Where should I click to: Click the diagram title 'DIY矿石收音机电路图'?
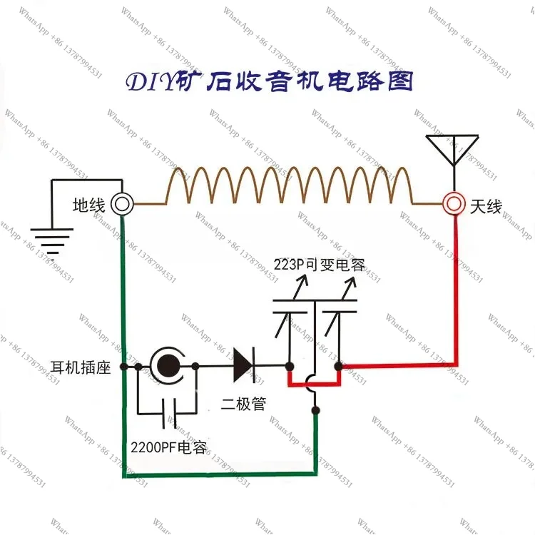[270, 81]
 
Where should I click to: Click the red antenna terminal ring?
[454, 204]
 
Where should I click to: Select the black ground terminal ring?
[122, 204]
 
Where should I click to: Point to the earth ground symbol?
[52, 241]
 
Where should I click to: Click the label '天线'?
[486, 206]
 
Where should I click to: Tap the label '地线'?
[88, 205]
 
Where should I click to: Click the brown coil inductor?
[289, 185]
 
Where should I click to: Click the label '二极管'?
[243, 404]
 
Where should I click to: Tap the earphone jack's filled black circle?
[168, 366]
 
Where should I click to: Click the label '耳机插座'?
[81, 367]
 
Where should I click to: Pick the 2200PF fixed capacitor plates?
[169, 413]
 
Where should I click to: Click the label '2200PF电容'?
[169, 447]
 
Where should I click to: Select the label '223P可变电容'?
[320, 265]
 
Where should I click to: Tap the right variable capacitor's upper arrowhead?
[351, 282]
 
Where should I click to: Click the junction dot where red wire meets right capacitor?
[338, 367]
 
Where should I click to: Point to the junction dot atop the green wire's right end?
[315, 410]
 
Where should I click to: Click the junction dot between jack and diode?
[195, 367]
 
